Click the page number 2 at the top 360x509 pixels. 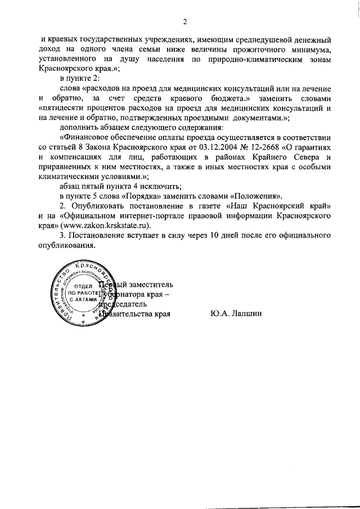click(184, 22)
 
